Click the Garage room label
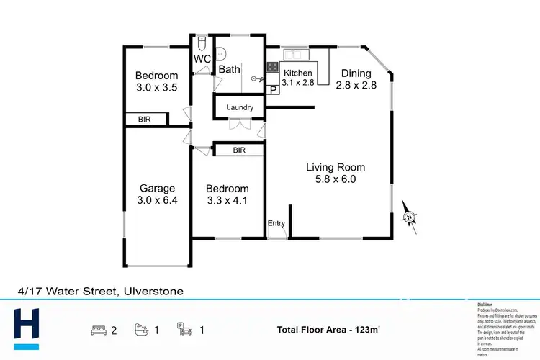click(x=157, y=189)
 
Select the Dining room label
click(x=356, y=73)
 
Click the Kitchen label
click(x=297, y=73)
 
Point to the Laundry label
click(x=240, y=108)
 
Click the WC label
click(x=202, y=59)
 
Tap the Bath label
click(x=229, y=70)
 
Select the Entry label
click(x=276, y=224)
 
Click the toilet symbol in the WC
click(x=202, y=42)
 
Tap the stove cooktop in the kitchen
click(x=273, y=68)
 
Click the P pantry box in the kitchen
click(x=273, y=89)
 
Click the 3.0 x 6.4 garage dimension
click(x=157, y=201)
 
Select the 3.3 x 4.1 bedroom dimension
click(x=226, y=201)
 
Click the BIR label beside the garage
click(x=144, y=120)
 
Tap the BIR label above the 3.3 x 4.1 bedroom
click(x=239, y=150)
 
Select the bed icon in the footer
click(x=98, y=330)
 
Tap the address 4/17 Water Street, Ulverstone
click(x=101, y=292)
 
